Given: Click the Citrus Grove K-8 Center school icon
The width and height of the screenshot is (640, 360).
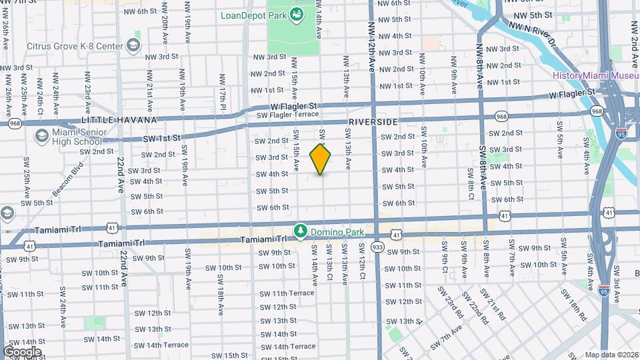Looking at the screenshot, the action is [134, 45].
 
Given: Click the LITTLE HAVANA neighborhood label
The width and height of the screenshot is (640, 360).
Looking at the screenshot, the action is [119, 120].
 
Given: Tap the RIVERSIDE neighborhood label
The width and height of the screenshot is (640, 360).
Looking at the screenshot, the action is [373, 122].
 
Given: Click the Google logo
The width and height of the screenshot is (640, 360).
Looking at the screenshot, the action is [22, 351].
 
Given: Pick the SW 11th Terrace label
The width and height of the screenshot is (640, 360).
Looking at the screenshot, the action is [287, 293].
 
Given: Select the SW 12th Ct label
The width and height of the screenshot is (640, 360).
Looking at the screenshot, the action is [361, 265].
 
